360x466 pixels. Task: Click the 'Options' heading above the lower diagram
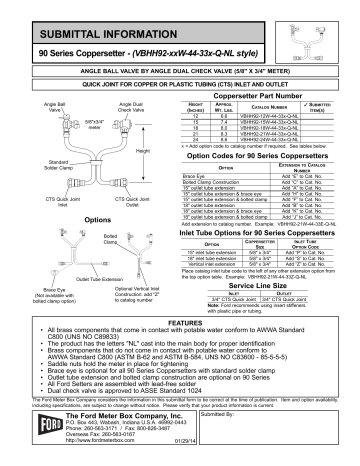click(x=96, y=246)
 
